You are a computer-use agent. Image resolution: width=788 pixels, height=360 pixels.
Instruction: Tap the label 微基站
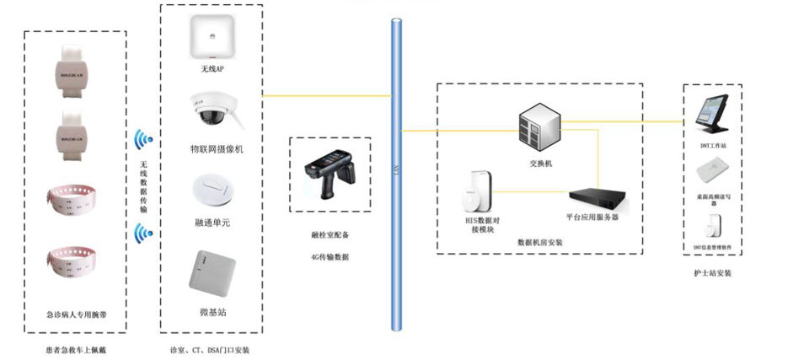212,312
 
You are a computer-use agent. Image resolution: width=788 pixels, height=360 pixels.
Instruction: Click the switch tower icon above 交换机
539,126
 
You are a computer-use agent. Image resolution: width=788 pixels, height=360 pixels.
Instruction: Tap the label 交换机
539,164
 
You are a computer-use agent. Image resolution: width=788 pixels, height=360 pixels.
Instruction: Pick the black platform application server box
600,198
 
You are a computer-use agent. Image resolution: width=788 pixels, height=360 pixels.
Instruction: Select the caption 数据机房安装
539,243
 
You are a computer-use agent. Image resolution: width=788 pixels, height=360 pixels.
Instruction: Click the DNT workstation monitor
711,116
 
